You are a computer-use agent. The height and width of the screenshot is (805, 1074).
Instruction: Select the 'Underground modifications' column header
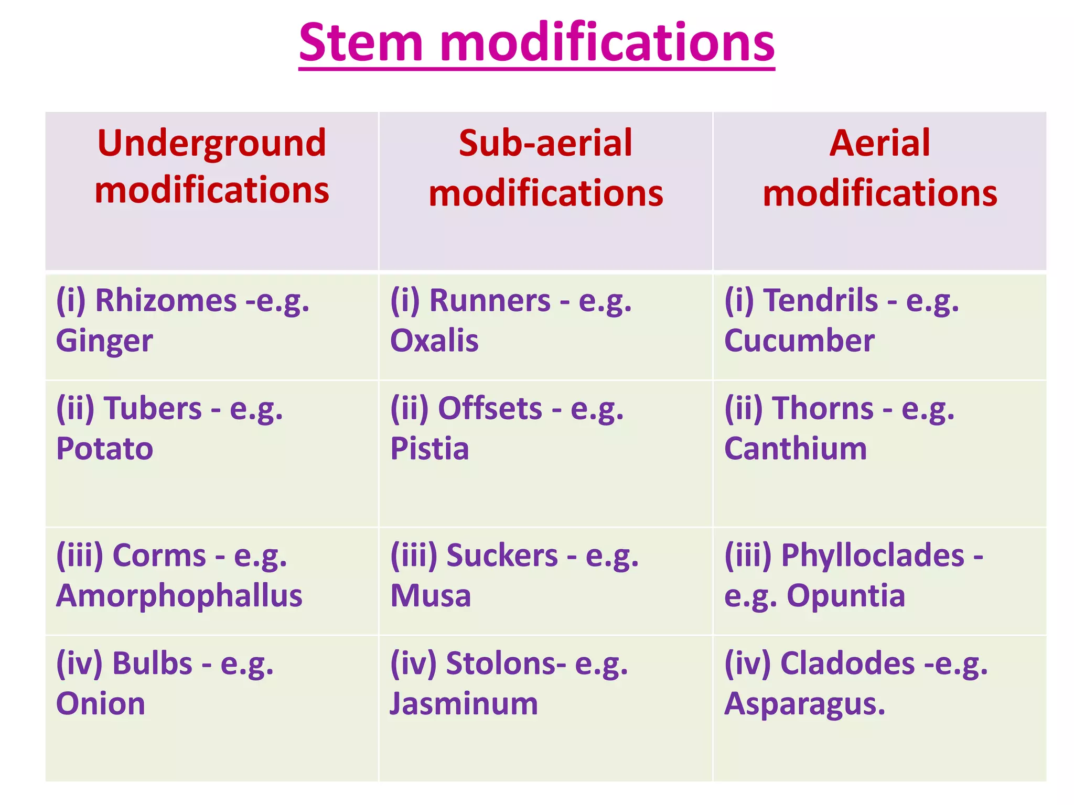(212, 166)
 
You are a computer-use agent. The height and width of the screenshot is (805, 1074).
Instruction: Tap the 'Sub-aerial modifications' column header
(545, 168)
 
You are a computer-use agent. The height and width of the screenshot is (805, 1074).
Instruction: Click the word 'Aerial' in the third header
(879, 143)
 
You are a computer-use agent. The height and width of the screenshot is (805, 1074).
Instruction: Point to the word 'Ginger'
(104, 341)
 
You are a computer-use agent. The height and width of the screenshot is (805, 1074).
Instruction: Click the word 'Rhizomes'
(166, 301)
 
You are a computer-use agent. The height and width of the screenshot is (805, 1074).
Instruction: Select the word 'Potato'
(104, 449)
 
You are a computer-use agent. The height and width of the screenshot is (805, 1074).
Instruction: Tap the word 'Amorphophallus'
(179, 596)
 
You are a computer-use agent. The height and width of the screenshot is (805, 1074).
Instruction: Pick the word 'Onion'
(100, 703)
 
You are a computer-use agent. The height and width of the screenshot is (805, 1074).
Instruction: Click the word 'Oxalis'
(434, 341)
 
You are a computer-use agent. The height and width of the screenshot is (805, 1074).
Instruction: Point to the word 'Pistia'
(429, 449)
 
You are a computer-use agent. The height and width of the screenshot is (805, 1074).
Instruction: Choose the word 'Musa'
(431, 596)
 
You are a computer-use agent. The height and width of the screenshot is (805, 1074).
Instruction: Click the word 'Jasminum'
(464, 703)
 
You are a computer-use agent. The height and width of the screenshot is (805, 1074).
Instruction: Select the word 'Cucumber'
(799, 341)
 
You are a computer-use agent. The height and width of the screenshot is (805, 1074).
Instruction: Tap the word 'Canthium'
(796, 449)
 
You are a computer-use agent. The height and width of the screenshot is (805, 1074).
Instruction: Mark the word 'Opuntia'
(846, 596)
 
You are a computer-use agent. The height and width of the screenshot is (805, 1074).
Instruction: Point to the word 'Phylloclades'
(873, 556)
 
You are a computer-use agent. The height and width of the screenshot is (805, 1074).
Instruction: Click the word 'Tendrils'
(821, 301)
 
